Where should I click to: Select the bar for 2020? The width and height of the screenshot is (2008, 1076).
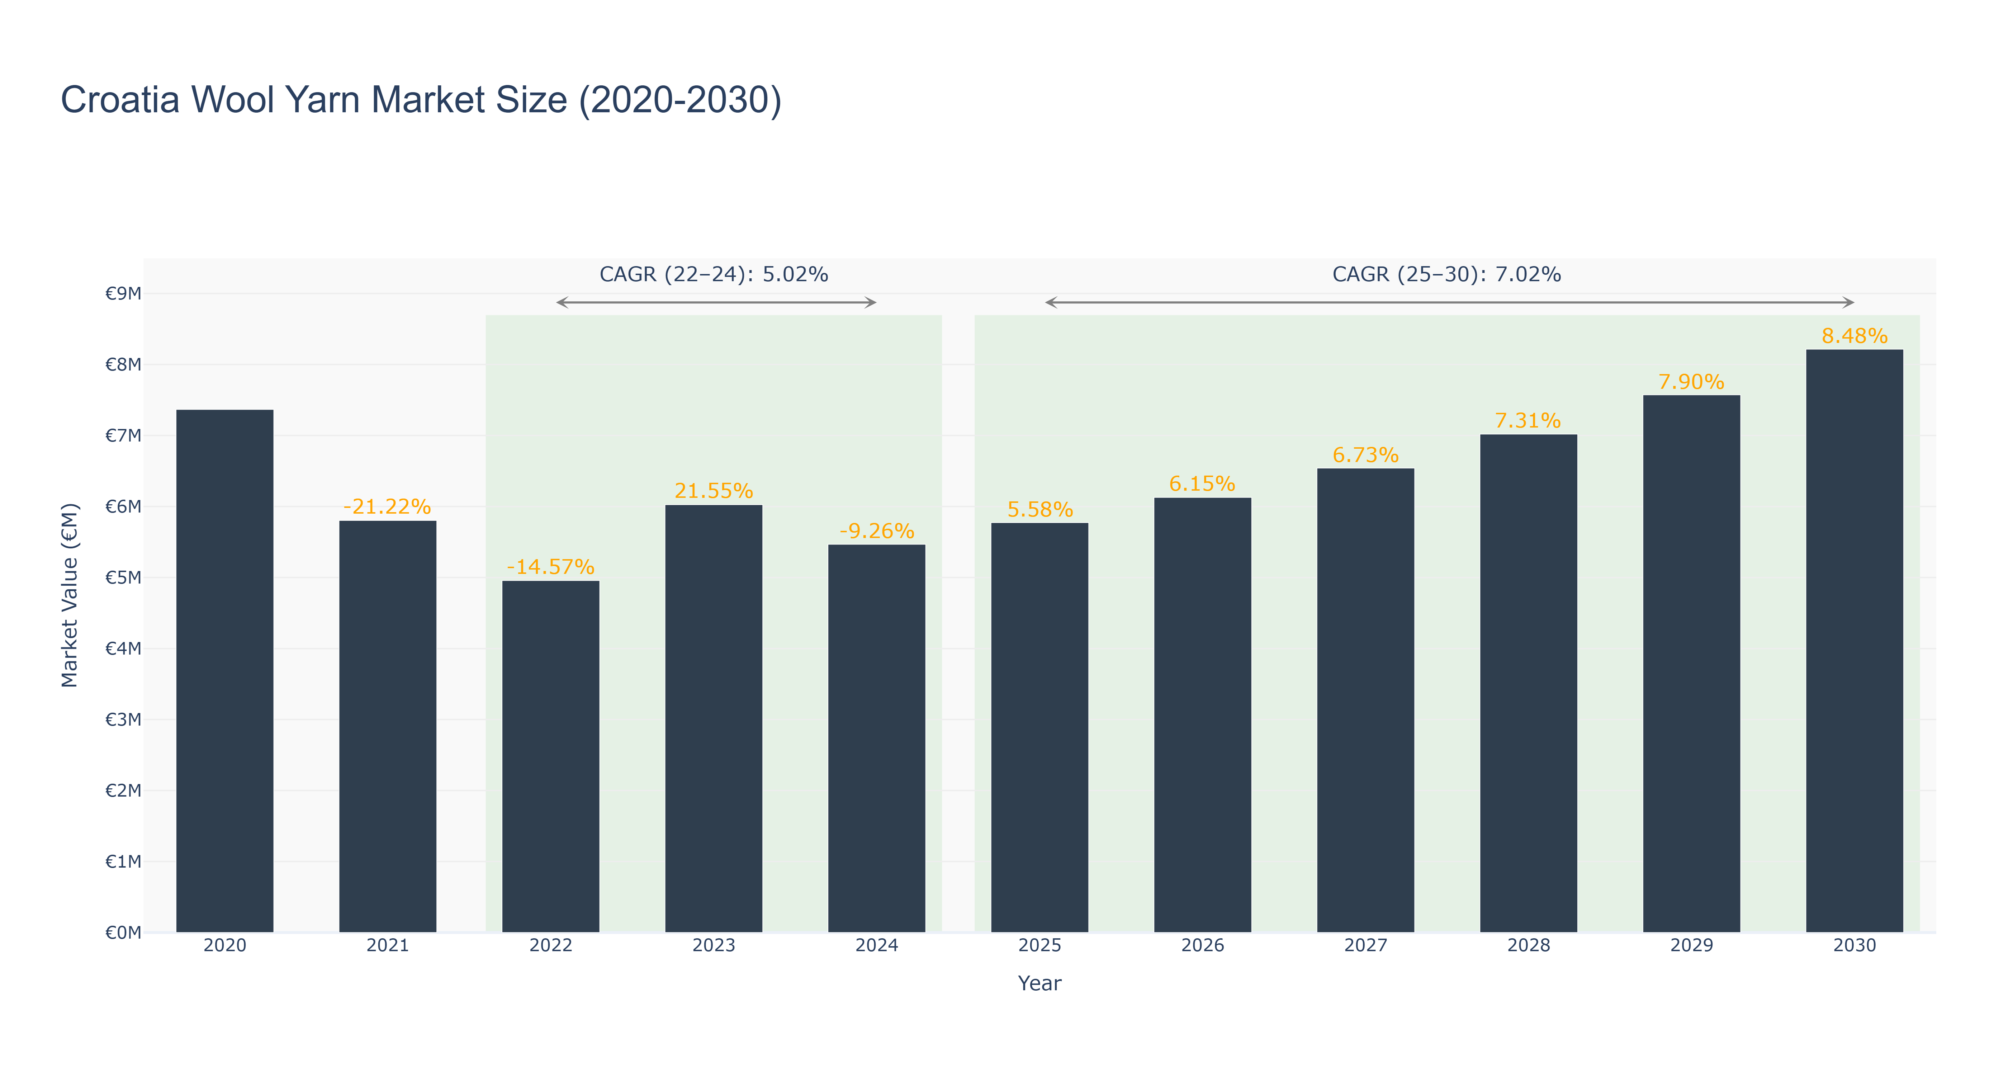point(224,671)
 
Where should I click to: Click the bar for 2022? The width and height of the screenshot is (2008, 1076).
point(550,756)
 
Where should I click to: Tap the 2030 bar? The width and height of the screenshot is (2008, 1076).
point(1855,641)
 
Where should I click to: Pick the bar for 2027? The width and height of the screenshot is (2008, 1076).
point(1366,700)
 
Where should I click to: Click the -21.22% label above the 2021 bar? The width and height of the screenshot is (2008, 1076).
point(387,507)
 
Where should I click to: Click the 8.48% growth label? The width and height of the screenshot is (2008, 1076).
point(1855,336)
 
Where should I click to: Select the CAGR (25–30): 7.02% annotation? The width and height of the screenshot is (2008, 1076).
point(1447,274)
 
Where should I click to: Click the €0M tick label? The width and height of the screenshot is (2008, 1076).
point(123,933)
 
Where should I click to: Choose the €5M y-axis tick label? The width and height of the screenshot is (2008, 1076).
point(123,578)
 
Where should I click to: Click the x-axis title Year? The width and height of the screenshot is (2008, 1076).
point(1040,983)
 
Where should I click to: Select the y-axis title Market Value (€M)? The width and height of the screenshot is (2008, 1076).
point(70,595)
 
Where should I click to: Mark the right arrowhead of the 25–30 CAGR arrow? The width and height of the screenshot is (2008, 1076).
point(1850,302)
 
